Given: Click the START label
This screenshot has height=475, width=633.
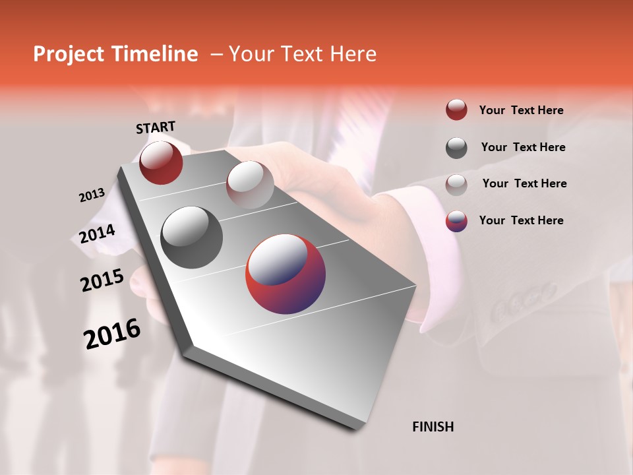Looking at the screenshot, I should tap(156, 127).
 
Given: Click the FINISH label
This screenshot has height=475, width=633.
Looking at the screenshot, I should tap(433, 427).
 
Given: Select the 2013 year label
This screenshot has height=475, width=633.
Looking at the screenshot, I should tap(92, 195).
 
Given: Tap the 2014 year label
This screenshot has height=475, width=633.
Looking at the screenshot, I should tap(97, 234).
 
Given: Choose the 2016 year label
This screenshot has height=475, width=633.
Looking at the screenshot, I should tap(112, 334).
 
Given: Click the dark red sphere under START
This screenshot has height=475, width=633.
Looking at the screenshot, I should tap(161, 162).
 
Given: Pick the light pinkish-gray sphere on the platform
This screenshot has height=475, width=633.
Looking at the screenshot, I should tap(250, 184).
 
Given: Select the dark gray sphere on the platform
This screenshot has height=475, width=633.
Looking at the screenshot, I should tap(192, 237).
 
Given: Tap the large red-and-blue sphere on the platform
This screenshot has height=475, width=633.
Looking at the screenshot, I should tap(286, 275).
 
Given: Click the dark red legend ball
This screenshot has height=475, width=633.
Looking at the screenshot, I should tap(456, 110).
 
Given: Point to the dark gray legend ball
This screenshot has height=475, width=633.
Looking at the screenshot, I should tap(456, 148).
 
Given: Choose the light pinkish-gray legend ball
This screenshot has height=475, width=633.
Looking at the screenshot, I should tap(456, 184).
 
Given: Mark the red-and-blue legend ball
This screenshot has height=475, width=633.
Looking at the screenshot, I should tap(456, 221).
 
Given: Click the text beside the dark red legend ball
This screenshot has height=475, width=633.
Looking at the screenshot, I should tap(521, 111).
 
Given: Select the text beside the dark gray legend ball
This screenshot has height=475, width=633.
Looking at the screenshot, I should tap(523, 147).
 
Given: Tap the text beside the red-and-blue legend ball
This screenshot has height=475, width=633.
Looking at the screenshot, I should tap(521, 220).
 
